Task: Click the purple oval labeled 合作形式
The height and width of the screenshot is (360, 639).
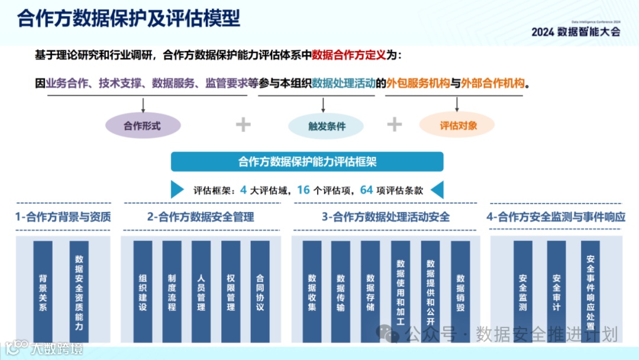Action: (142, 126)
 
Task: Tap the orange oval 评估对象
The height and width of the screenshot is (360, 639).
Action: (457, 125)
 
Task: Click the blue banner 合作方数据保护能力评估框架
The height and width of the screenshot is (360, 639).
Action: (306, 162)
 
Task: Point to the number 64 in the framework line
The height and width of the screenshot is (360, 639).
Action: (366, 190)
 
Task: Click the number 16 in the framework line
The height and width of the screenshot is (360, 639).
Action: (304, 190)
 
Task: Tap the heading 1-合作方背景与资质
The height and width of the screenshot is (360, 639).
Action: (63, 217)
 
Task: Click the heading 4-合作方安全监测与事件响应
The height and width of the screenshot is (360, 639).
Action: (556, 217)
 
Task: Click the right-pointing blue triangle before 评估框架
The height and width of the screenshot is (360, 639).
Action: (177, 190)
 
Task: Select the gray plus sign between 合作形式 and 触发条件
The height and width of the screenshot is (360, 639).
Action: (243, 124)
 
